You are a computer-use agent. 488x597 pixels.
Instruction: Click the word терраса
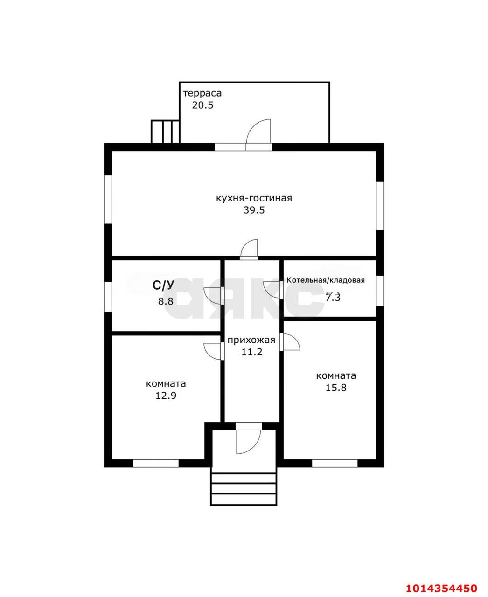tap(202, 93)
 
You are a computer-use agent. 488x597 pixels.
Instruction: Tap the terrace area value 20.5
tap(202, 105)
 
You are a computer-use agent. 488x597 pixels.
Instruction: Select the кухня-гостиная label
tap(254, 198)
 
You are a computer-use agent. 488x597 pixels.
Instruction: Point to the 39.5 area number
tap(254, 210)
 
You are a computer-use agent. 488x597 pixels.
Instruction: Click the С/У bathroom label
tap(163, 285)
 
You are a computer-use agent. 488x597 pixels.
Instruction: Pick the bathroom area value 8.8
tap(166, 301)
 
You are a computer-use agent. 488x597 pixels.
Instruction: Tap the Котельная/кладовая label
tap(326, 280)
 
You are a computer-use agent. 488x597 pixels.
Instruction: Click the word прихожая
tap(251, 340)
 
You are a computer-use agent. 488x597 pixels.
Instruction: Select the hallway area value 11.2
tap(252, 352)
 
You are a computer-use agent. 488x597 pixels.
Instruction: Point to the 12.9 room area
tap(166, 396)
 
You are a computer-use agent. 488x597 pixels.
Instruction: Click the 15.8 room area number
tap(335, 388)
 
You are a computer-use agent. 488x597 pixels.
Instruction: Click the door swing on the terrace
tap(258, 131)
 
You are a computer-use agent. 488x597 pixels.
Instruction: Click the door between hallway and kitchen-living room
tap(249, 248)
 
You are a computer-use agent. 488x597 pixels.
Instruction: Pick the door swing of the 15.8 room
tap(291, 342)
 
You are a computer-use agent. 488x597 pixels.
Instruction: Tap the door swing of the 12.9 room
tap(213, 352)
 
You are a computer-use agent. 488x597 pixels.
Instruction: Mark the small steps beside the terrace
tap(165, 132)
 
